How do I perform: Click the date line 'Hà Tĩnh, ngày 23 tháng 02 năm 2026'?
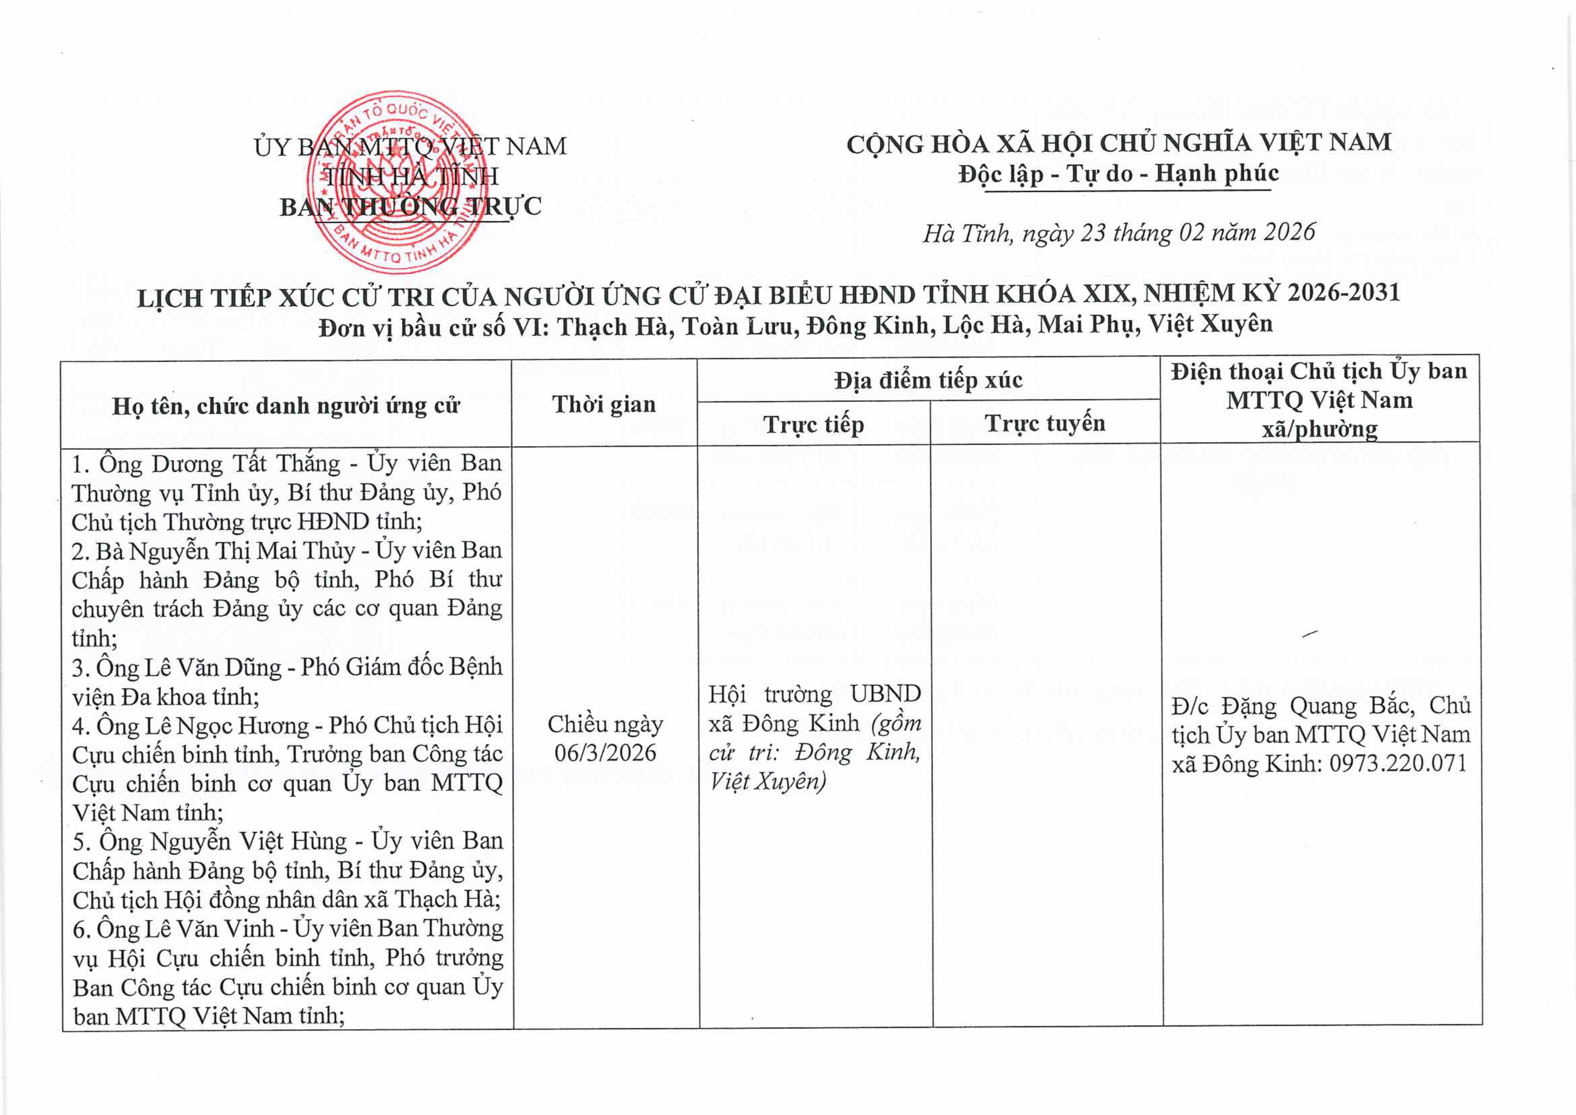[1118, 233]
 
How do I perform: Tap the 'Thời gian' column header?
[604, 404]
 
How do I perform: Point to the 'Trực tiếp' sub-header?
[813, 425]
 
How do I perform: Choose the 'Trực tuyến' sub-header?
[1045, 423]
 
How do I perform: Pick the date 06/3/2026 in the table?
[605, 753]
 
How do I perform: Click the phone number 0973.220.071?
[1398, 763]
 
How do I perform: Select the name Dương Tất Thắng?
[246, 464]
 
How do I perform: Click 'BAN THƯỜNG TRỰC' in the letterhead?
[411, 207]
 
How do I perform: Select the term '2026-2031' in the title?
[1343, 293]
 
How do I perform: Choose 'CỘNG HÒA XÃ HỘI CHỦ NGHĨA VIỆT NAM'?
[1118, 143]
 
